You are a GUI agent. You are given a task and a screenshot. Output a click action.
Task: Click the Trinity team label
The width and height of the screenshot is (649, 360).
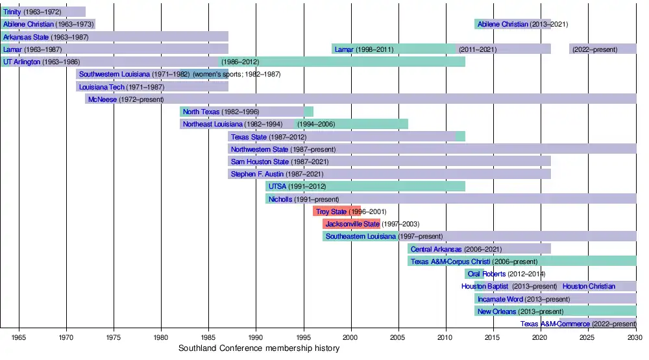(x=12, y=12)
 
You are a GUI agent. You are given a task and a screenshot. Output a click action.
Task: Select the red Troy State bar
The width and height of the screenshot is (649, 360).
(x=336, y=211)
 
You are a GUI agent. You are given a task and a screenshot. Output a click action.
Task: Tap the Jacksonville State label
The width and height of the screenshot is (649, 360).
(x=352, y=224)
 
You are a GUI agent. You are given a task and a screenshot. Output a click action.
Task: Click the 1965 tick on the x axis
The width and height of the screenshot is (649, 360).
(x=19, y=338)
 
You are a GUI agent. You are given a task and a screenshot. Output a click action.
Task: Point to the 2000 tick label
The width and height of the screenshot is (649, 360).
(x=350, y=338)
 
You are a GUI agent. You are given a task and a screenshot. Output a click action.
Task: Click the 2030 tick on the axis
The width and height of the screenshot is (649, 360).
(x=635, y=338)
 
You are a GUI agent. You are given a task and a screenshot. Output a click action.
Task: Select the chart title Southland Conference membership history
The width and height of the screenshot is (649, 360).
(x=259, y=349)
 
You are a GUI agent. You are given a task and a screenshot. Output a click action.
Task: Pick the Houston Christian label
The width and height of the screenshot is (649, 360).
(x=589, y=286)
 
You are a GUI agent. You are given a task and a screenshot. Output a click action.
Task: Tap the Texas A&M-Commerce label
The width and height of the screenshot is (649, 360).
(x=555, y=324)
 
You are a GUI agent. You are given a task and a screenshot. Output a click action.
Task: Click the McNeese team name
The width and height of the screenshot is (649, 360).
(x=102, y=99)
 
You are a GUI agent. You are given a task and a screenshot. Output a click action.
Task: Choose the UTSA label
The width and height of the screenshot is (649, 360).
(x=277, y=187)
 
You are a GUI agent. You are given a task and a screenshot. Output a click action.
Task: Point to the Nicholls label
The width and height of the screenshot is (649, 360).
(x=280, y=199)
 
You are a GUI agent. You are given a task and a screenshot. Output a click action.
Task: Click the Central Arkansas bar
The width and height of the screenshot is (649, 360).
(x=480, y=249)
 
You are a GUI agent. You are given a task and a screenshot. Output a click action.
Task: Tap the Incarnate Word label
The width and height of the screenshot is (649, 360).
(x=500, y=299)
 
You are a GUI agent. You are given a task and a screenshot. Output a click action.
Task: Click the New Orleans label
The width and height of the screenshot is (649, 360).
(x=496, y=311)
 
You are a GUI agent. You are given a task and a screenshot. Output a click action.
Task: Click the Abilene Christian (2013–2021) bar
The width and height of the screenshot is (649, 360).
(x=512, y=24)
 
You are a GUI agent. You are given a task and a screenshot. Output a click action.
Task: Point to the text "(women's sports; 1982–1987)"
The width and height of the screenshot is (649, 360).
(x=236, y=74)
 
